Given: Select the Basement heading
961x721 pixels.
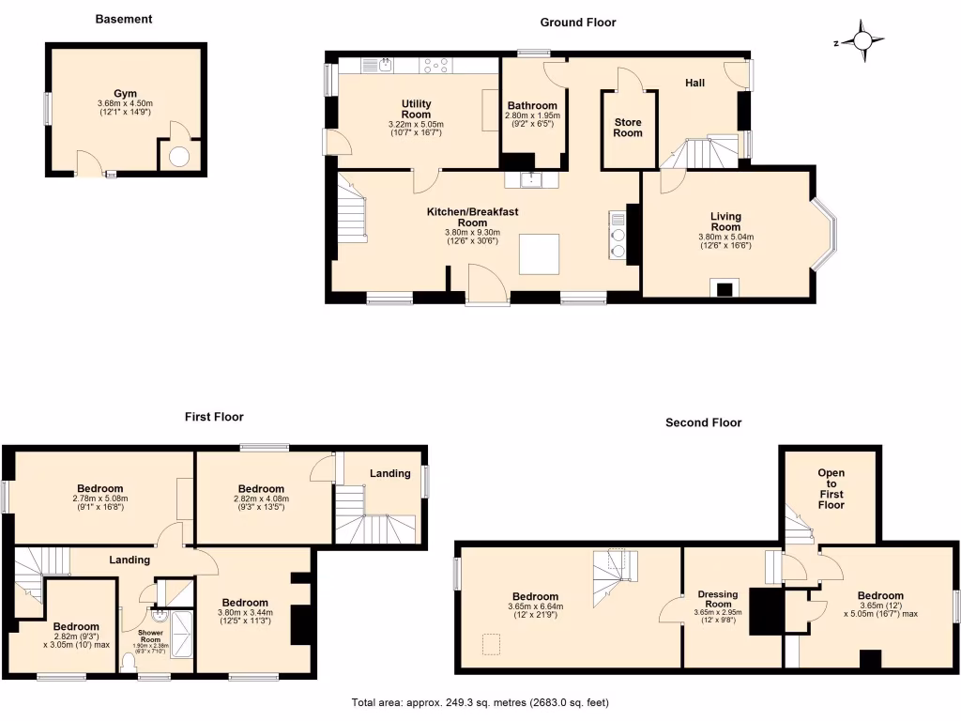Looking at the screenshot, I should coord(124,19).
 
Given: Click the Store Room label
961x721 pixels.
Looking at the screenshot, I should coord(628,127).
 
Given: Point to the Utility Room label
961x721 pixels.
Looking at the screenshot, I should coord(416,109).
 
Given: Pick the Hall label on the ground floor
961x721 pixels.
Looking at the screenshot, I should coord(694,83).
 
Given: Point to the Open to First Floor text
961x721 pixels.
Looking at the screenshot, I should coord(831,488).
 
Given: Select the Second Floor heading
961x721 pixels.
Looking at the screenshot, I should coord(703,422).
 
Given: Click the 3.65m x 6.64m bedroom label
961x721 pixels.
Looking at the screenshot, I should coord(535,596).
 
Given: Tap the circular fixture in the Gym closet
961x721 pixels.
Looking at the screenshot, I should coord(178,157).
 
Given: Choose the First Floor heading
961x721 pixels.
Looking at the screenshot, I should coord(213,417).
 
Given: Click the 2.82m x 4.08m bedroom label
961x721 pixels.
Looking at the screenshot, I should coord(261,488).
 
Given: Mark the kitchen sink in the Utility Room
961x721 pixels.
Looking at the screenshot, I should coord(386,65).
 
